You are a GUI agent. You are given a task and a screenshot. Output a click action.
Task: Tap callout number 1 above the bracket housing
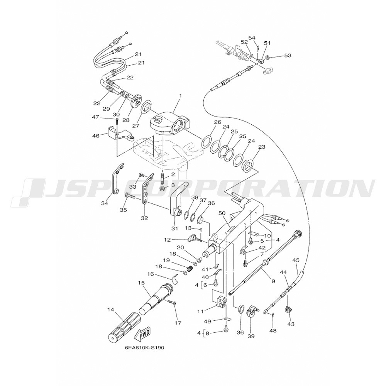tap(180, 95)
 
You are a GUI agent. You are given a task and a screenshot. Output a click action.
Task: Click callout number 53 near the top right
tap(288, 56)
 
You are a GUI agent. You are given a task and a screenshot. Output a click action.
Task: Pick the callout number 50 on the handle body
tap(222, 213)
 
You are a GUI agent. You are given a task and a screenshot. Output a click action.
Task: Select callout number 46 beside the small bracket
tap(95, 135)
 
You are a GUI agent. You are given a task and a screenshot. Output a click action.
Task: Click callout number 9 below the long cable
tap(273, 281)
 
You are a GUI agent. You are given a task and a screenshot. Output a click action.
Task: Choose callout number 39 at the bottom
tap(251, 336)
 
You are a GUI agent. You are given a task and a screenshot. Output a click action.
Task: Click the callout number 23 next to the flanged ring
tap(262, 147)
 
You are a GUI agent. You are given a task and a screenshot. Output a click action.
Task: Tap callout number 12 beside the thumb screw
tap(167, 240)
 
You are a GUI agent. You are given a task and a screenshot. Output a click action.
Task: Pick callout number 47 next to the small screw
tap(95, 117)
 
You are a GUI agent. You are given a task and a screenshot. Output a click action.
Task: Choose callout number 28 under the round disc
tap(126, 120)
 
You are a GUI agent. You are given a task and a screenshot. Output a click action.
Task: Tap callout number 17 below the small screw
tap(178, 323)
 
